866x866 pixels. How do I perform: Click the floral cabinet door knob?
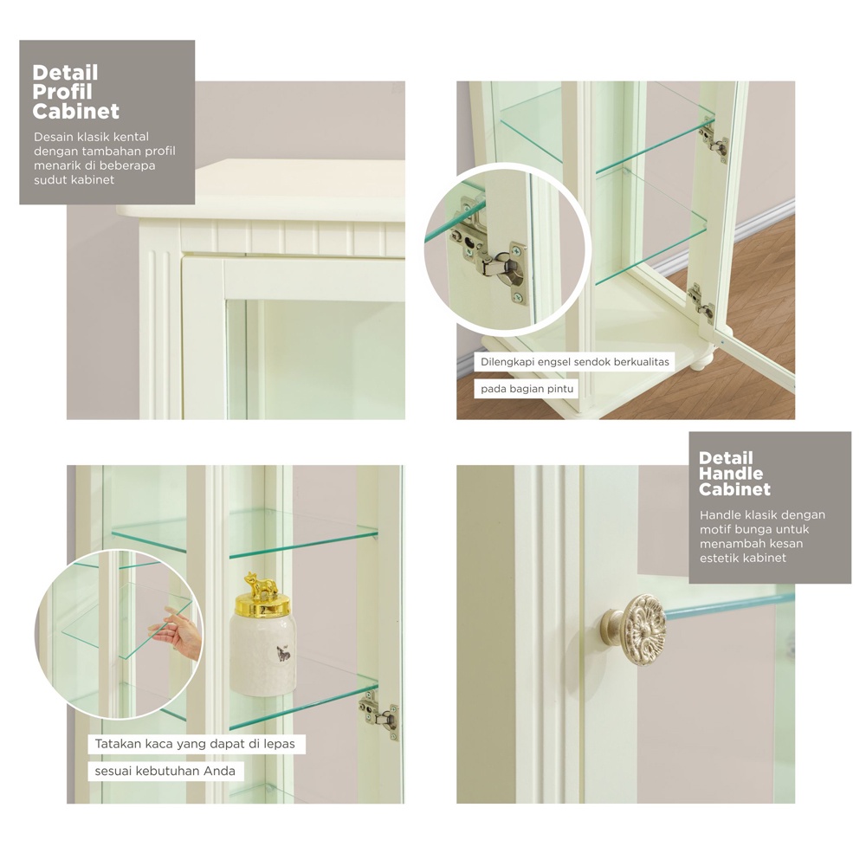(634, 625)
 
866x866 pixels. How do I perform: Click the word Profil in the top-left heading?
(61, 92)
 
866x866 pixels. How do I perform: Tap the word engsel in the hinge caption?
(552, 362)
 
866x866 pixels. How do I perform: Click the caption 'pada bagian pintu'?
(527, 389)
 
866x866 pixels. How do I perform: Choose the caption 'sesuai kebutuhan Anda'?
(165, 771)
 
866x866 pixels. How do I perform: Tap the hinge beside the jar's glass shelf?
(379, 716)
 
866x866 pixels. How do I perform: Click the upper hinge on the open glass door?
(714, 140)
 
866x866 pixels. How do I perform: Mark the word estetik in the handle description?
(720, 558)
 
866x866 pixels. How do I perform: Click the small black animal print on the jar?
(283, 654)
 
